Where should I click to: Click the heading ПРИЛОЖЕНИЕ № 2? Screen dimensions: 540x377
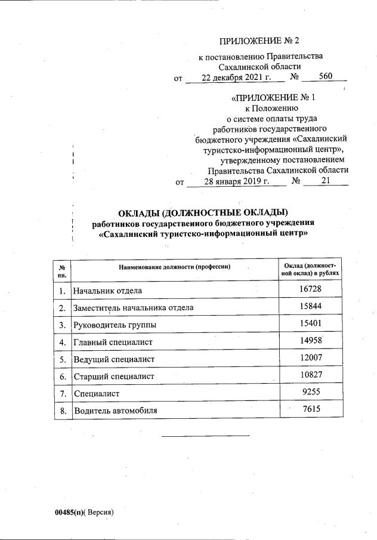coord(258,41)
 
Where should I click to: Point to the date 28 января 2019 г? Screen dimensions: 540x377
coord(236,181)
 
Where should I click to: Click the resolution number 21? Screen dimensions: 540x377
coord(325,181)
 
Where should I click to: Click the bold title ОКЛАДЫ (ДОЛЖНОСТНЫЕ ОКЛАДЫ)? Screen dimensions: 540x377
coord(203,213)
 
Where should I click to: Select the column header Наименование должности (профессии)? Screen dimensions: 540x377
coord(174,267)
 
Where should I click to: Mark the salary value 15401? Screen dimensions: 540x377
coord(311,324)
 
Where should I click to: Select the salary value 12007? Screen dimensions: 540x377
coord(311,358)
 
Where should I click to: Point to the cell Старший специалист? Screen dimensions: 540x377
coord(113,377)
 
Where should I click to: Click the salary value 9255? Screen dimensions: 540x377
coord(311,393)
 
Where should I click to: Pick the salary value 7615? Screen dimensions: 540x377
coord(311,409)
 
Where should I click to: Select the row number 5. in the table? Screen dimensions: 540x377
coord(61,359)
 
